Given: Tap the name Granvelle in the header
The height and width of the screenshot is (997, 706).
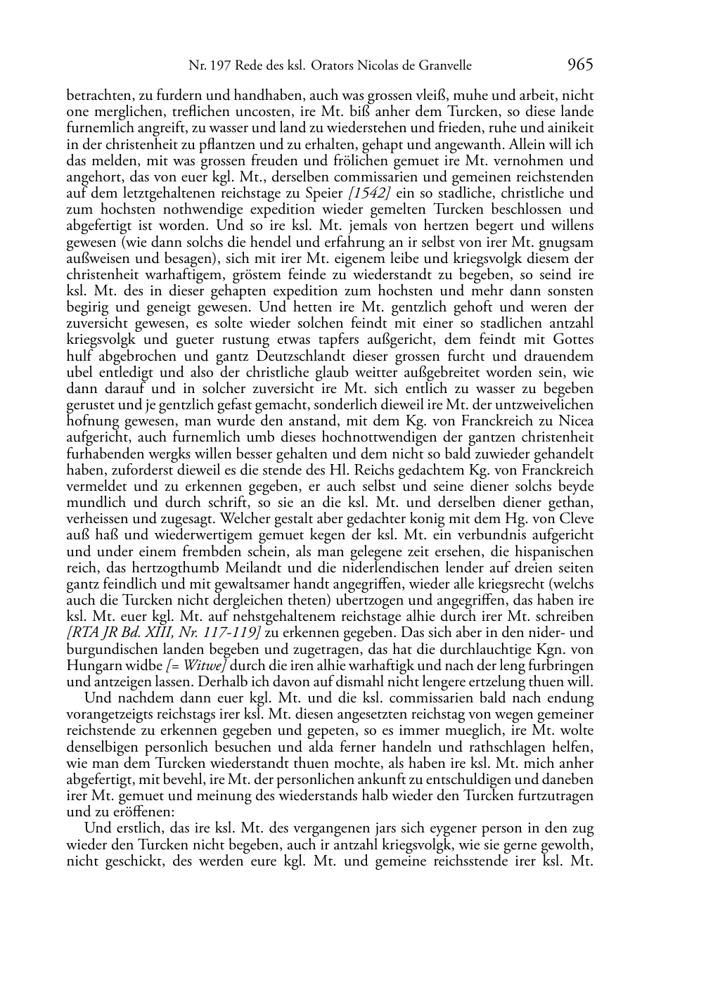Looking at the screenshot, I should tap(444, 66).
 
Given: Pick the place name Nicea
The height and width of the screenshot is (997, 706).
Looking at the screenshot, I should tap(577, 421).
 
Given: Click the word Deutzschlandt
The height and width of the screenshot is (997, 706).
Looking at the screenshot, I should tap(264, 356).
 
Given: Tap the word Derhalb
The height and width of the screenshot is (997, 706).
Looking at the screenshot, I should tap(237, 682).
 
